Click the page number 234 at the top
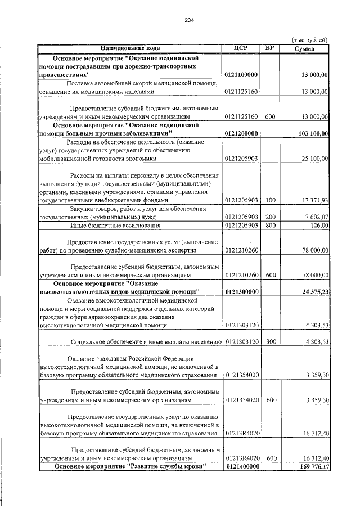pyautogui.click(x=188, y=21)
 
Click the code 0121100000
pyautogui.click(x=241, y=74)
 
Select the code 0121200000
pyautogui.click(x=241, y=133)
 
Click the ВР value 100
pyautogui.click(x=270, y=200)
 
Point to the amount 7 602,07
pyautogui.click(x=315, y=217)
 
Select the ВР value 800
pyautogui.click(x=270, y=226)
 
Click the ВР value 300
pyautogui.click(x=270, y=341)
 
